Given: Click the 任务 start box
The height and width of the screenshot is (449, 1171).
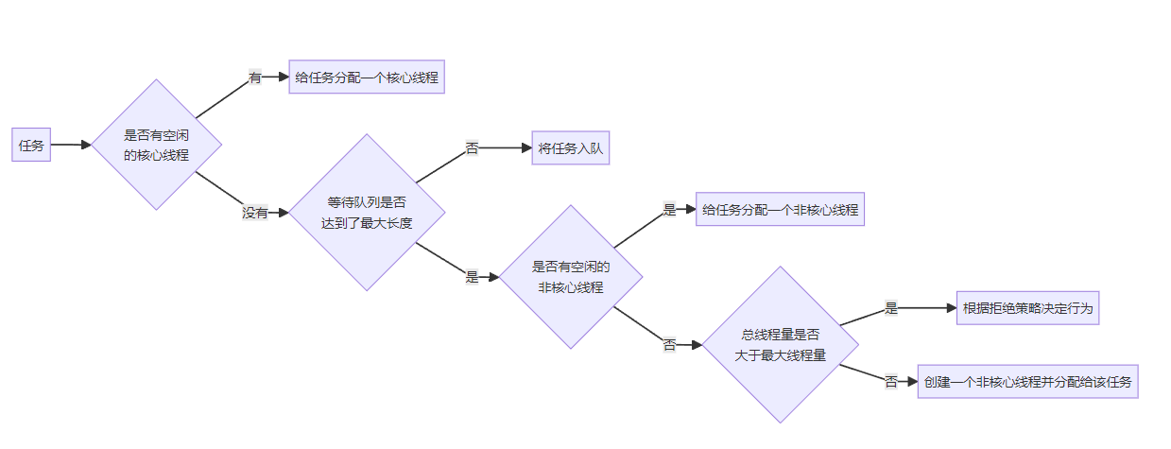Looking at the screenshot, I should pyautogui.click(x=31, y=145).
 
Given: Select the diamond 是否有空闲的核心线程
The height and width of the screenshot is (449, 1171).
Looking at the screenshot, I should pyautogui.click(x=157, y=145).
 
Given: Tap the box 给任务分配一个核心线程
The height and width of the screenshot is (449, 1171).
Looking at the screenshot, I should pyautogui.click(x=367, y=78).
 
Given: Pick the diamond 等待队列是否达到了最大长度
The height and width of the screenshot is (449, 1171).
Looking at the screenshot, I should pyautogui.click(x=367, y=213).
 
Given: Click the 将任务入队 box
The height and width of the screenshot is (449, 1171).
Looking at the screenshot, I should pyautogui.click(x=570, y=148).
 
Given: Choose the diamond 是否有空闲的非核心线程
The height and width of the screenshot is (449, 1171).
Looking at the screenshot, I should pyautogui.click(x=571, y=277).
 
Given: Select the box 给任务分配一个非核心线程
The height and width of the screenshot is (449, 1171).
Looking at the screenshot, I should pyautogui.click(x=780, y=210).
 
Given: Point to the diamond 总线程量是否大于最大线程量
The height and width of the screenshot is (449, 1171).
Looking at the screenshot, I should pyautogui.click(x=780, y=345).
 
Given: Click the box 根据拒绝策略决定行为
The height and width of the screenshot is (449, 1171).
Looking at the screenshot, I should pyautogui.click(x=1027, y=308).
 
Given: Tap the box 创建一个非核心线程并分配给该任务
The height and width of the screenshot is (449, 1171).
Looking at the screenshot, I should pyautogui.click(x=1027, y=382).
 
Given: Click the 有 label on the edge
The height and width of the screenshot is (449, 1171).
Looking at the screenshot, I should pyautogui.click(x=255, y=78).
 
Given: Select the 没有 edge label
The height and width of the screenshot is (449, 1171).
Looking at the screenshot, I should pyautogui.click(x=255, y=213).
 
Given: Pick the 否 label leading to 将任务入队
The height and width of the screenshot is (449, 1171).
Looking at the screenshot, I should pyautogui.click(x=472, y=148).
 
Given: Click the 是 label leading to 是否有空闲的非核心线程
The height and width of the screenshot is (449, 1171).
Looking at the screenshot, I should pyautogui.click(x=472, y=277).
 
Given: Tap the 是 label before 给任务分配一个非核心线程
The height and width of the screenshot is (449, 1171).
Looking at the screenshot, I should pyautogui.click(x=669, y=210).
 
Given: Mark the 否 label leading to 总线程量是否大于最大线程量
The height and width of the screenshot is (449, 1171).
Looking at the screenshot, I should pyautogui.click(x=669, y=345).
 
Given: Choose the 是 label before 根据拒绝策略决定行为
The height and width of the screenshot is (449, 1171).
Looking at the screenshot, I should pyautogui.click(x=890, y=308).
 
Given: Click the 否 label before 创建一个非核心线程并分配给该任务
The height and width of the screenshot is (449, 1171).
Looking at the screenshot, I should pyautogui.click(x=890, y=382).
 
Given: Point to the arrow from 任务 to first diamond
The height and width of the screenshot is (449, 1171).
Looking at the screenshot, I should pyautogui.click(x=70, y=145).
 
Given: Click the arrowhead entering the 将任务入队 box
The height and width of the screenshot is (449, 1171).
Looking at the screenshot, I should pyautogui.click(x=526, y=148).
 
